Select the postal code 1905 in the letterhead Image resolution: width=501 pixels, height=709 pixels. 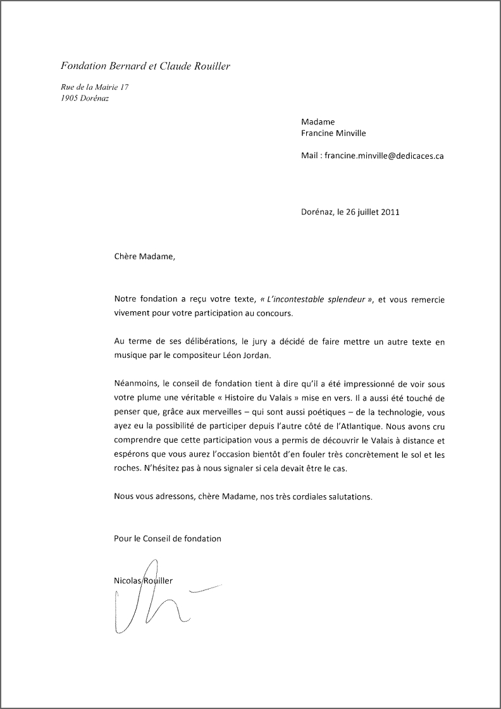[x=70, y=98]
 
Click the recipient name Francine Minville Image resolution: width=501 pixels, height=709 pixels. [x=333, y=133]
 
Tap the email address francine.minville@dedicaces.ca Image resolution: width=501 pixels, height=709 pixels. [x=384, y=155]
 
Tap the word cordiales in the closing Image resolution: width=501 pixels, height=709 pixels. [x=312, y=496]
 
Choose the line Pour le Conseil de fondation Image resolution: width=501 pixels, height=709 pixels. [x=168, y=538]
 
